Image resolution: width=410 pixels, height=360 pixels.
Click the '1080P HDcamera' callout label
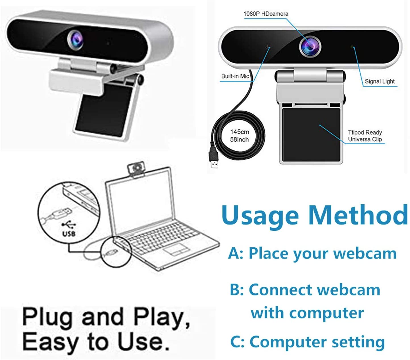(x=266, y=14)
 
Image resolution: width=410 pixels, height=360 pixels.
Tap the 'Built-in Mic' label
(x=235, y=76)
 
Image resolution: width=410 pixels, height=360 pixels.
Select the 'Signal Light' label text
(x=380, y=81)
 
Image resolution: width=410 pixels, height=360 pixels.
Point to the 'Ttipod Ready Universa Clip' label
(x=365, y=136)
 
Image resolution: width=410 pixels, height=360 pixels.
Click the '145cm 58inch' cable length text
(x=239, y=136)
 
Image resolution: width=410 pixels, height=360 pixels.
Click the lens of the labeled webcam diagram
(x=310, y=46)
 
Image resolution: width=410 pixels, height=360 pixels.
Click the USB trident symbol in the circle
(x=69, y=224)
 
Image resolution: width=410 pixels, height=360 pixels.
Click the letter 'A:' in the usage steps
(x=236, y=253)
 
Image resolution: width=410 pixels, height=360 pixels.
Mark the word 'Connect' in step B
(x=280, y=290)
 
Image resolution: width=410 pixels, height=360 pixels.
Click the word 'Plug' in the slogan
(x=47, y=317)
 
